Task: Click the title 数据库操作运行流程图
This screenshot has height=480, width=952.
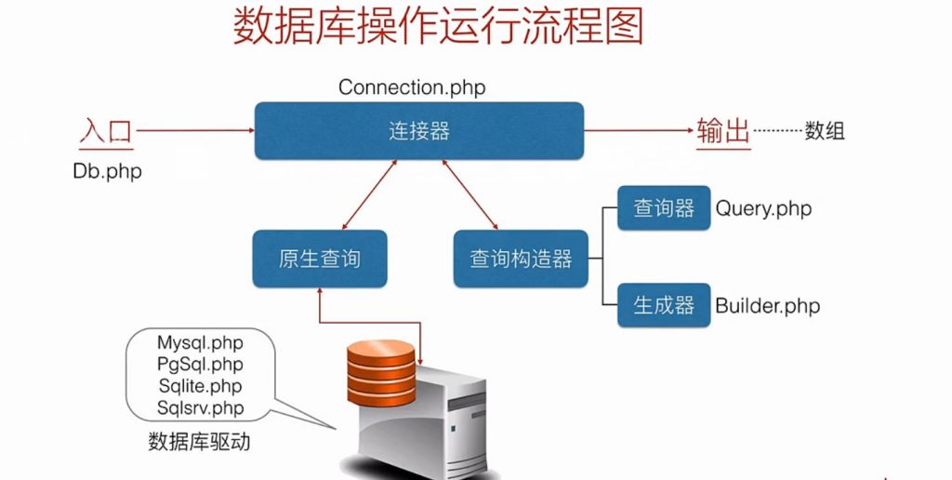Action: point(437,29)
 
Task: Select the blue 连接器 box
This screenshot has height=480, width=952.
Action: point(419,131)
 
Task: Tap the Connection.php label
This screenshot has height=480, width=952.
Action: point(412,87)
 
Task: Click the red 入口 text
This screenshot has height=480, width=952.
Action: point(105,131)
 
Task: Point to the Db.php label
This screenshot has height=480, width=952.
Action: point(107,172)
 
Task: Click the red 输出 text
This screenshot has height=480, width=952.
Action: point(723,131)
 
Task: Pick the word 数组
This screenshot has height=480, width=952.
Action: point(825,131)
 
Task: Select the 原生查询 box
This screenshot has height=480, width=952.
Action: point(319,259)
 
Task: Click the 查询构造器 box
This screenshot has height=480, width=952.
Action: point(521,259)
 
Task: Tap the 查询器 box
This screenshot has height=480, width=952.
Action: point(664,208)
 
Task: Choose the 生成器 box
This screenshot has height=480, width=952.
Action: point(664,305)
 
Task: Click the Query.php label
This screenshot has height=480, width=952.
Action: point(763,208)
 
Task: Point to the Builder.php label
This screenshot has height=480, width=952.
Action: point(767,305)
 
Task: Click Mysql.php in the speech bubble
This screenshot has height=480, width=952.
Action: point(200,343)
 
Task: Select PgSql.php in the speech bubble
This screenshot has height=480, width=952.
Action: point(200,365)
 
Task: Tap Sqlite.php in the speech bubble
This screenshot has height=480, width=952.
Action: point(200,386)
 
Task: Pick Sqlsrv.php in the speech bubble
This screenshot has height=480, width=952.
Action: point(200,407)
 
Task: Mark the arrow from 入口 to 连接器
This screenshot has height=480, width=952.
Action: point(195,131)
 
